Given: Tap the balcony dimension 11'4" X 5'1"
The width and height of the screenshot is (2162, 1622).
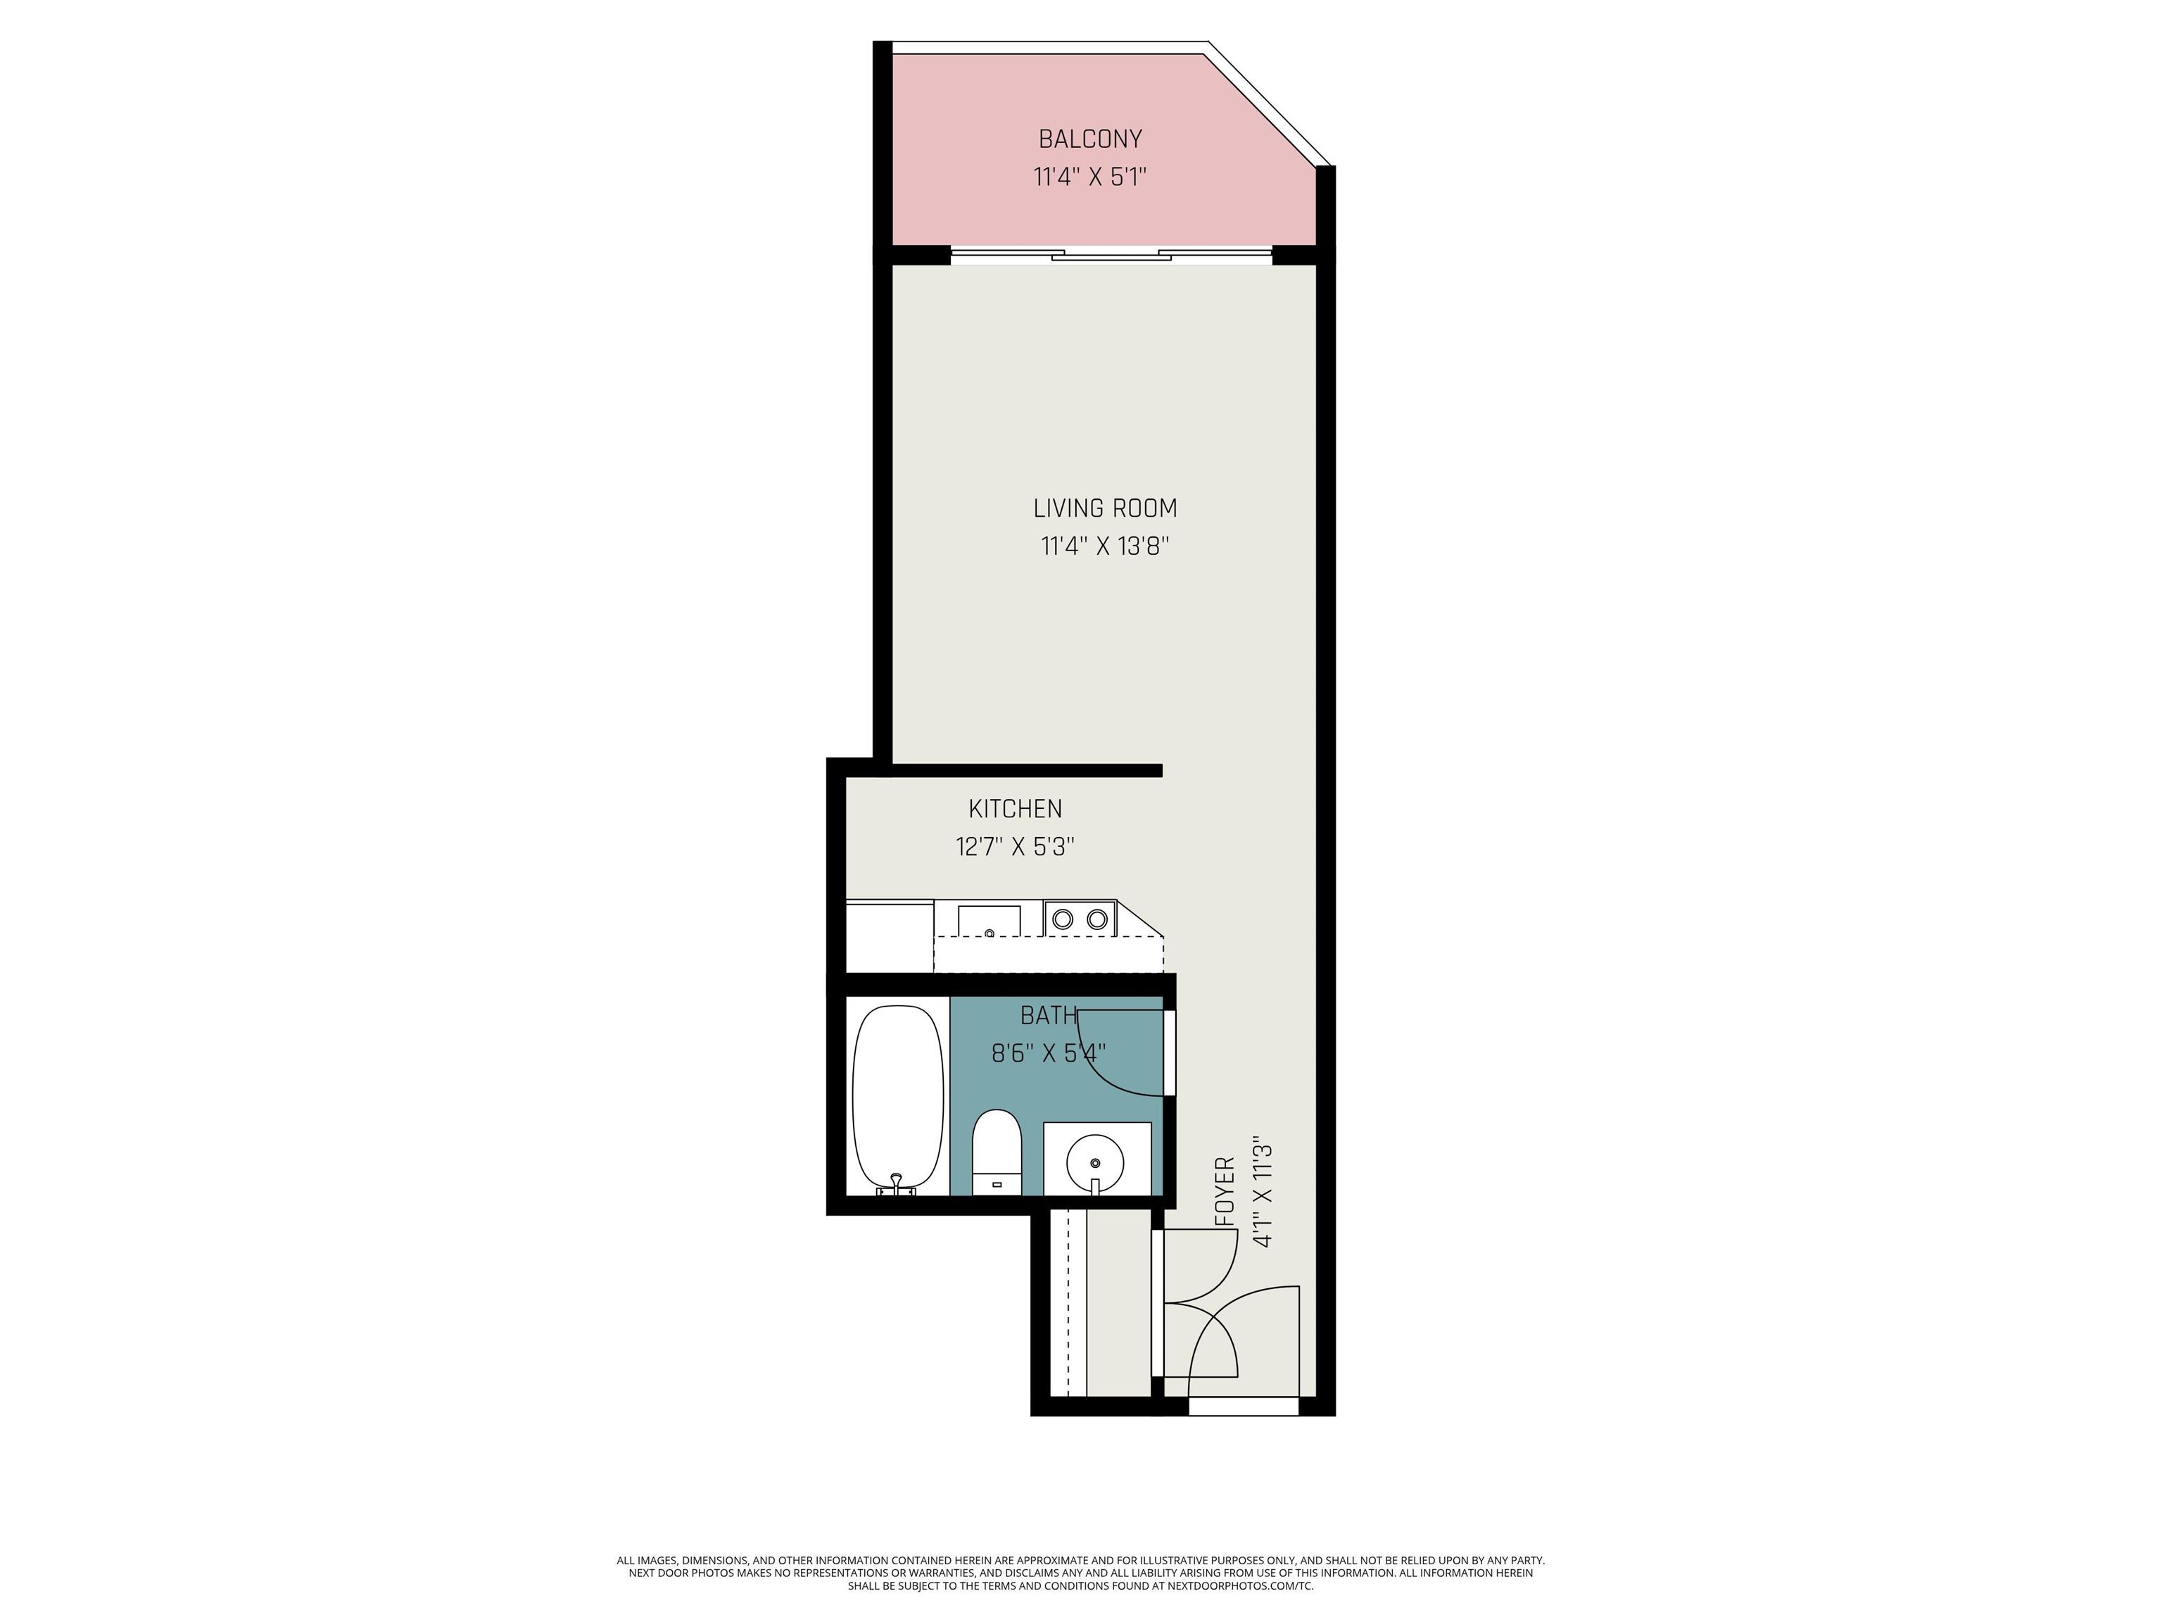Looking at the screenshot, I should pos(1089,177).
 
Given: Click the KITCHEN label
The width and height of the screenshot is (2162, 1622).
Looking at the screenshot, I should pos(1015,809).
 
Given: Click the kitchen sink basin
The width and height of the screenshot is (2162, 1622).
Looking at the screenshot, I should pos(988,921).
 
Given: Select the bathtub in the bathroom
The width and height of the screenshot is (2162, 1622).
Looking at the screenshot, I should pos(897,1097).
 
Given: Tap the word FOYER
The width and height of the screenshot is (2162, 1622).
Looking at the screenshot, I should pos(1225,1193).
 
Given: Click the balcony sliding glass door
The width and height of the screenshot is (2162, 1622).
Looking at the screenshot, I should pos(1111,256).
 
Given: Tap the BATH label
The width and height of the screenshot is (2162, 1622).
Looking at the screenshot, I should pos(1048,1016).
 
